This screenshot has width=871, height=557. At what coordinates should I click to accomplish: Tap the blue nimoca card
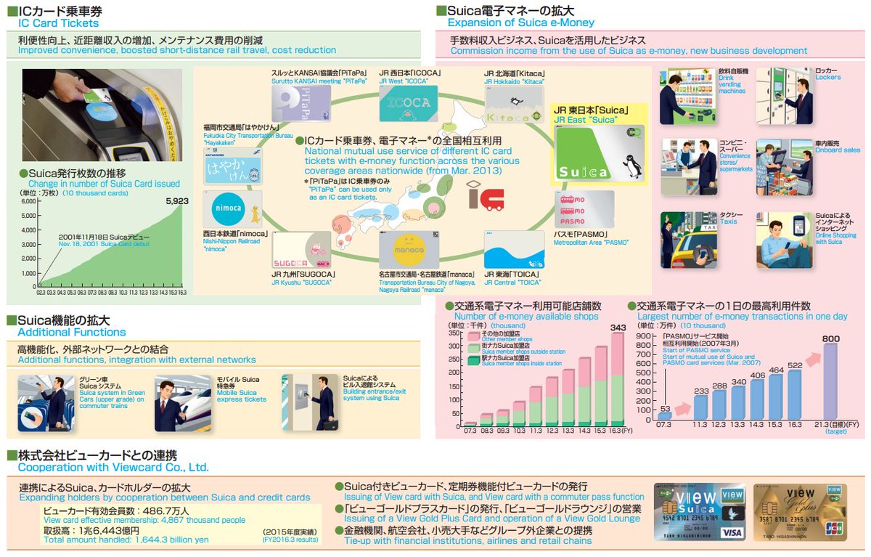click(x=232, y=210)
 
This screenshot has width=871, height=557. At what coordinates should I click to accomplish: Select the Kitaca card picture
click(x=513, y=106)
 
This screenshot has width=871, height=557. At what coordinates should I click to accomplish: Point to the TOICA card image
click(x=513, y=249)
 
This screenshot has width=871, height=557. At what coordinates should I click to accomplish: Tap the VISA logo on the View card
click(x=733, y=532)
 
